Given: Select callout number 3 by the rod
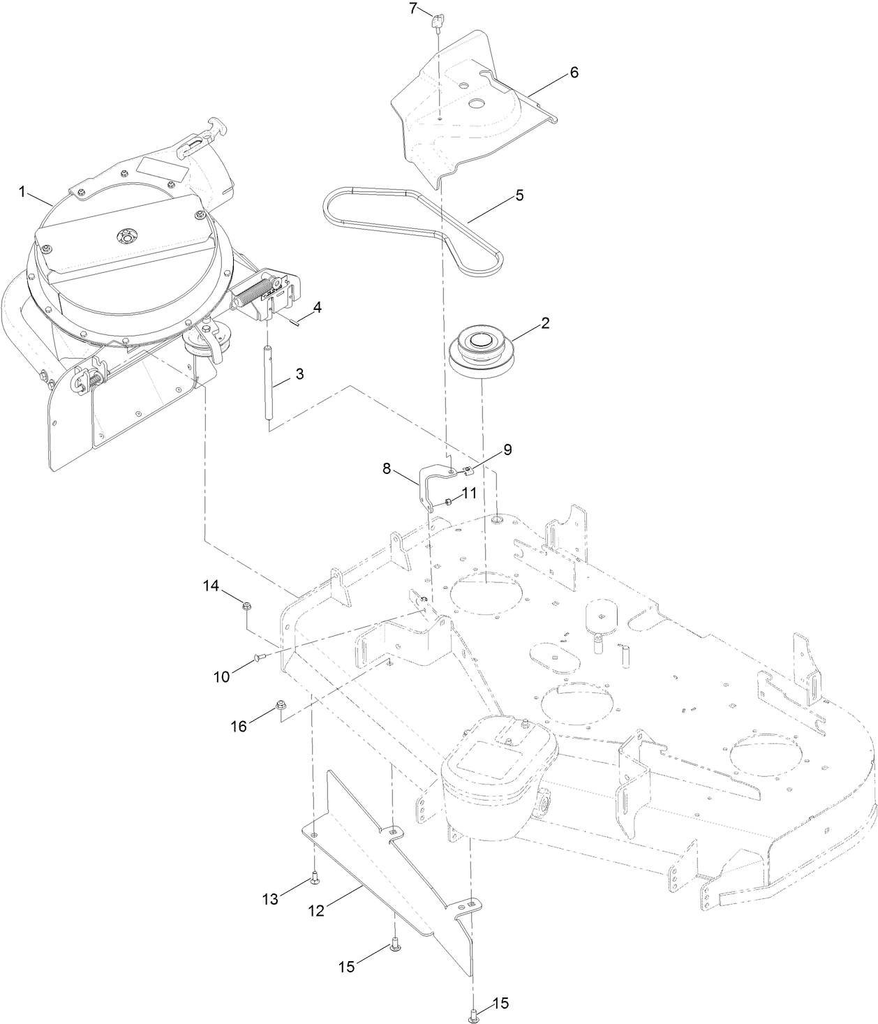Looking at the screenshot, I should point(299,373).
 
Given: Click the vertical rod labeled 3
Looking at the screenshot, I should point(268,384).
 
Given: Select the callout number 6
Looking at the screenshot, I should point(574,73).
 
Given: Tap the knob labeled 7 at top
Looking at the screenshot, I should point(438,22).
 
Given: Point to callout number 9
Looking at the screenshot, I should point(507,450).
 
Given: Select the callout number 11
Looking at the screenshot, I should point(469,493).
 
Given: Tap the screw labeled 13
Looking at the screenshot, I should point(314,876).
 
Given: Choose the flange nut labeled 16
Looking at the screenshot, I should point(281,705).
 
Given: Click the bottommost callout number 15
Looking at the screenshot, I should point(502,1004).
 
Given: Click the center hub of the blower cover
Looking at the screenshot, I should point(126,236).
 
